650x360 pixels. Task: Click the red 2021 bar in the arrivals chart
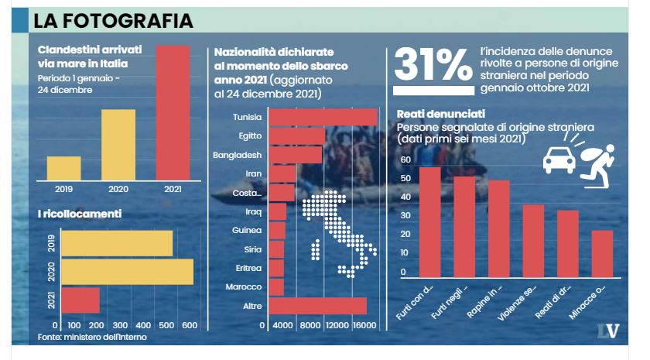(x=173, y=111)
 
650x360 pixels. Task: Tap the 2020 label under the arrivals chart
(x=118, y=188)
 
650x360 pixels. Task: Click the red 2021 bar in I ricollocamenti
(x=80, y=300)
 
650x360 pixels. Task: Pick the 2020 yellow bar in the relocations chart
(x=127, y=272)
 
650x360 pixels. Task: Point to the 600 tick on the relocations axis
(x=190, y=326)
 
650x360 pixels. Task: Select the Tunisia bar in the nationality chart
(x=323, y=117)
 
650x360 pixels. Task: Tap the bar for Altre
(x=317, y=306)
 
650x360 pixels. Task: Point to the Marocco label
(x=246, y=287)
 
